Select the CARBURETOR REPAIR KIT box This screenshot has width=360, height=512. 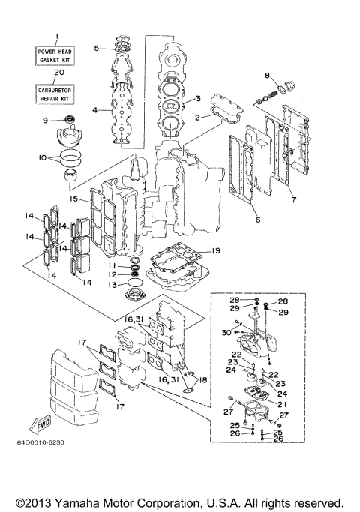pyautogui.click(x=54, y=93)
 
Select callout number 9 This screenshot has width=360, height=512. pyautogui.click(x=45, y=120)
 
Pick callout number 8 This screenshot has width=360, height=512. pyautogui.click(x=266, y=76)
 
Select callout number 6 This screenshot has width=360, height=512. pyautogui.click(x=256, y=220)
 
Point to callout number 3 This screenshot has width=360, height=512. pyautogui.click(x=198, y=98)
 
